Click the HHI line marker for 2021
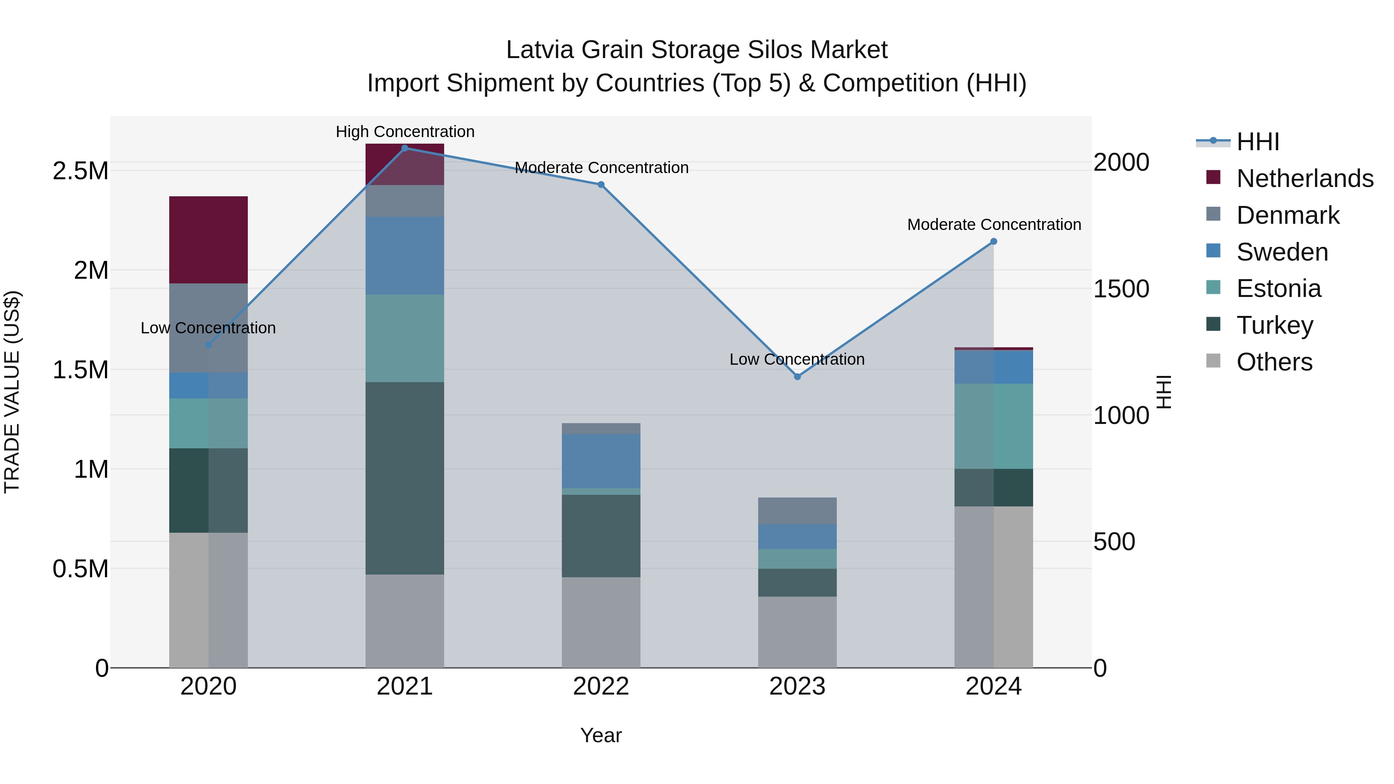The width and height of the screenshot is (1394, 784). pyautogui.click(x=405, y=148)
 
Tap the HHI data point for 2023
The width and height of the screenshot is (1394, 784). pyautogui.click(x=797, y=377)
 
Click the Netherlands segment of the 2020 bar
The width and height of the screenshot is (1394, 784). pyautogui.click(x=208, y=240)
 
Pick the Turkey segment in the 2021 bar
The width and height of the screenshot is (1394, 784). pyautogui.click(x=405, y=478)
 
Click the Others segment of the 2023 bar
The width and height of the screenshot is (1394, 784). pyautogui.click(x=797, y=631)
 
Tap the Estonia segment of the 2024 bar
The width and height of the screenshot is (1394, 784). pyautogui.click(x=994, y=426)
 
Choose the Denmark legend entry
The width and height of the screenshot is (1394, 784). pyautogui.click(x=1288, y=215)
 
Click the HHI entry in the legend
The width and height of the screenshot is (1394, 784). pyautogui.click(x=1258, y=142)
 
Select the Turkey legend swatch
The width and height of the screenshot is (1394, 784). pyautogui.click(x=1214, y=325)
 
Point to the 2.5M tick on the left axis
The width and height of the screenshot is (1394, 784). pyautogui.click(x=80, y=171)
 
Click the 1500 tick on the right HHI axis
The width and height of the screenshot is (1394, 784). pyautogui.click(x=1121, y=289)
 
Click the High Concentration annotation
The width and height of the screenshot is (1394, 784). pyautogui.click(x=405, y=132)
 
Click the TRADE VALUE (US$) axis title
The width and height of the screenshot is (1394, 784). pyautogui.click(x=12, y=392)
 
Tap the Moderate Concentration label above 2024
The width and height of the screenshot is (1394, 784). pyautogui.click(x=994, y=225)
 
